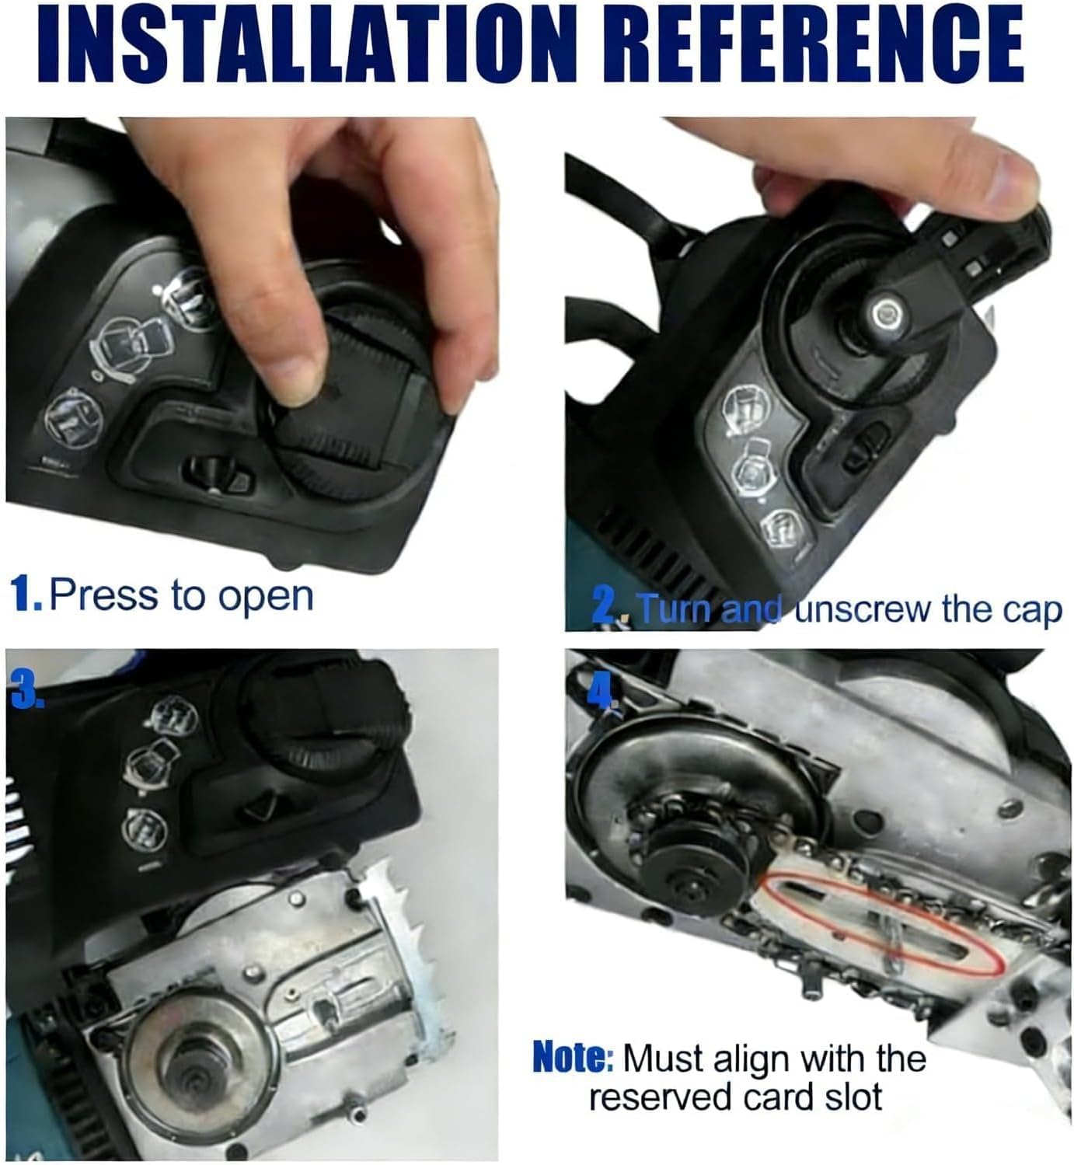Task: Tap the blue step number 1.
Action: coord(25,595)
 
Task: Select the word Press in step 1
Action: coord(103,595)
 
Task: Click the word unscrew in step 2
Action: coord(864,610)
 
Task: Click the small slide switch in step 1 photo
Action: coord(218,473)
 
